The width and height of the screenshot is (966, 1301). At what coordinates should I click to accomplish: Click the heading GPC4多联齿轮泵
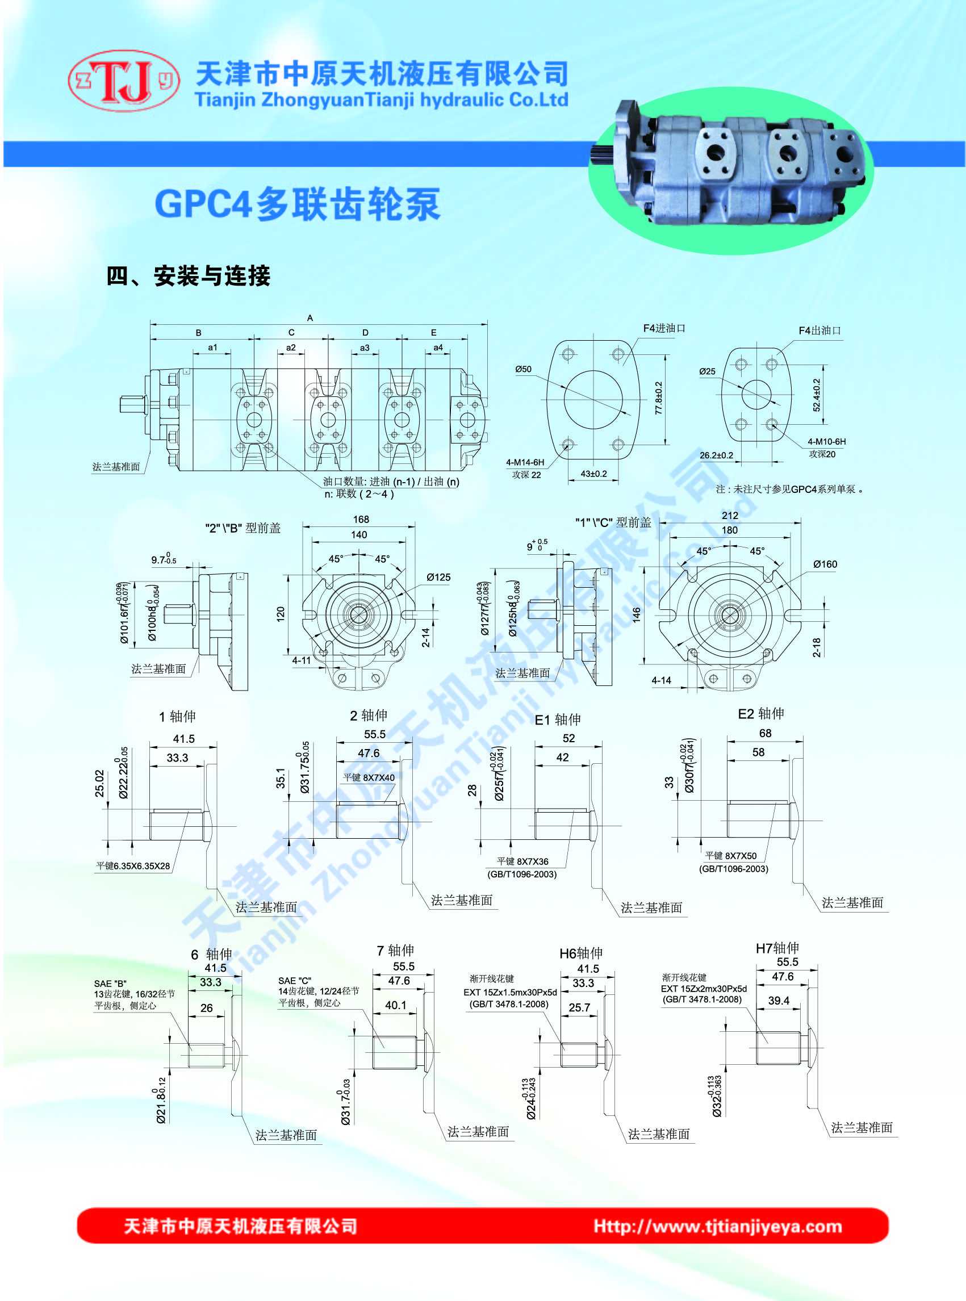297,204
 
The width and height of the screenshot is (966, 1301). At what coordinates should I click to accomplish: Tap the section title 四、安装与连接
189,276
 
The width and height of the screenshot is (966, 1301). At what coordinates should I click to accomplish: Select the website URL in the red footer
717,1226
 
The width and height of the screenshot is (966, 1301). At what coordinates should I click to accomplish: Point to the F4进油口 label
664,329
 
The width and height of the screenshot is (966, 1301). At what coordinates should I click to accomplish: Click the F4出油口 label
820,331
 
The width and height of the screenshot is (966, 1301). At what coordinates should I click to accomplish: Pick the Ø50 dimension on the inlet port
524,369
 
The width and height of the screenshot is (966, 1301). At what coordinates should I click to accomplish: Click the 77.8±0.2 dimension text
659,398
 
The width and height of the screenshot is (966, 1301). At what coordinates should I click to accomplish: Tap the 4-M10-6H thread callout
826,441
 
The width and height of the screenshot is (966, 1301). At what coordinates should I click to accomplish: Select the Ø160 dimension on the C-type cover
825,564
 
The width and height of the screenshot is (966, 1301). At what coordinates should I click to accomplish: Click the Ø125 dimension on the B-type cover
438,577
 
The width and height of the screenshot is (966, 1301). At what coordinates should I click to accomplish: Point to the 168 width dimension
361,519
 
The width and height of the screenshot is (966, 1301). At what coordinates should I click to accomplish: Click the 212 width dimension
730,515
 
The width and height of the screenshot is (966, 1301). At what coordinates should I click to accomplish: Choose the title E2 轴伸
761,714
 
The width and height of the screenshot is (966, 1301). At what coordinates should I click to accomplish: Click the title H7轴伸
777,948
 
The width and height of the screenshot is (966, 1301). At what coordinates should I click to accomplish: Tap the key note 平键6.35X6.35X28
133,866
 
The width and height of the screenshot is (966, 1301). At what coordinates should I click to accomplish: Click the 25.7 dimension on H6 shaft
579,1007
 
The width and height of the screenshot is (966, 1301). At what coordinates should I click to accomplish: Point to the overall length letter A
310,318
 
